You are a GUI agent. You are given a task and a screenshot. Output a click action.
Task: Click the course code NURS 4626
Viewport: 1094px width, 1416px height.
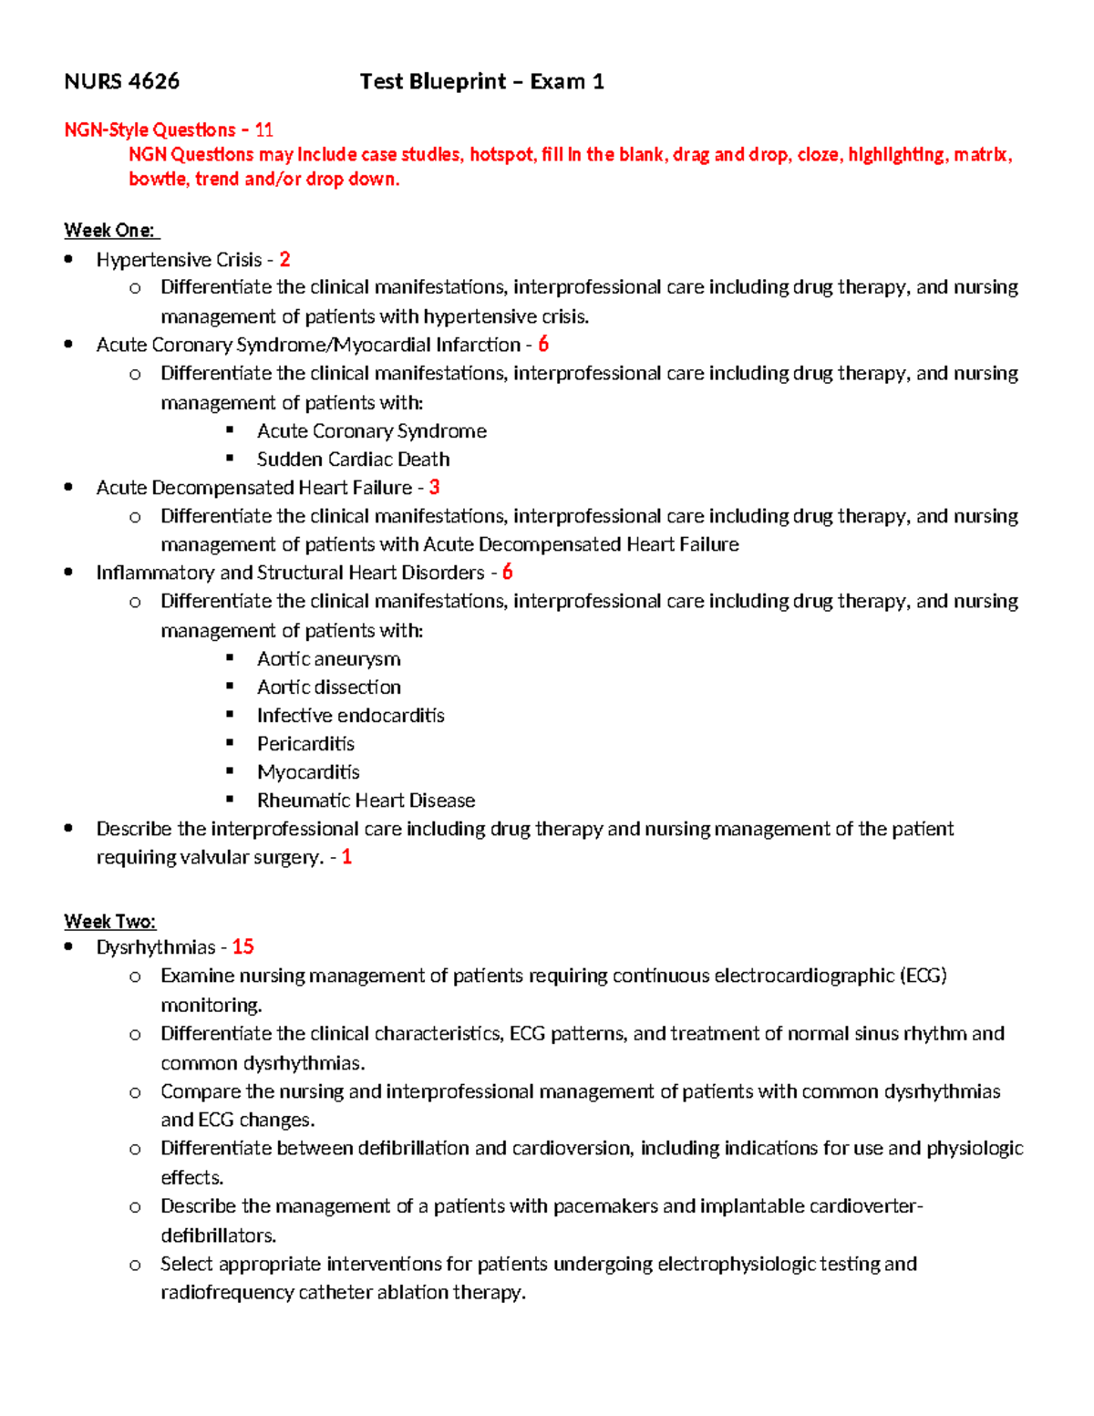(121, 81)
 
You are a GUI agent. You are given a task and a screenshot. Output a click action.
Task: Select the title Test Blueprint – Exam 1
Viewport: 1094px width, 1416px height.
(481, 81)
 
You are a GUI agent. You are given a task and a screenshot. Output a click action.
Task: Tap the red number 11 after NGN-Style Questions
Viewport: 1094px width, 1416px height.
(263, 129)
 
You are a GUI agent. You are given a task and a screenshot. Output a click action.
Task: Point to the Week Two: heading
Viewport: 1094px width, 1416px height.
(109, 921)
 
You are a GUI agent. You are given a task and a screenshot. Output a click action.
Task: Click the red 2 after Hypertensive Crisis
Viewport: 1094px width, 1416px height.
(285, 259)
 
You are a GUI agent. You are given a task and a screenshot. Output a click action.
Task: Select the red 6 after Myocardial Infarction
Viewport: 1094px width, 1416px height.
(543, 344)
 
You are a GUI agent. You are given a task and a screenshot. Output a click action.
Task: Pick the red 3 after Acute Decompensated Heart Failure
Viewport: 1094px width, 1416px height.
(435, 487)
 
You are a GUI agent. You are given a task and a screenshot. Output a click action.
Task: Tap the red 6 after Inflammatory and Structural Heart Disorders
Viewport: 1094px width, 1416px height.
(508, 572)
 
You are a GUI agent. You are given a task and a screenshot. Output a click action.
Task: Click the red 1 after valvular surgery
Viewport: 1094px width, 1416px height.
(346, 856)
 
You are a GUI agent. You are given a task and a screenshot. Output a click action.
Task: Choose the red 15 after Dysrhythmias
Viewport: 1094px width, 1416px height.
(243, 946)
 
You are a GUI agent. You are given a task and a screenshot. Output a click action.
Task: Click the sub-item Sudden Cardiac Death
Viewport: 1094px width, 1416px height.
(353, 459)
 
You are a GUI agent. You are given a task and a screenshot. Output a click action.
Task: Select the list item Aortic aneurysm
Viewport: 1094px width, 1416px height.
(328, 658)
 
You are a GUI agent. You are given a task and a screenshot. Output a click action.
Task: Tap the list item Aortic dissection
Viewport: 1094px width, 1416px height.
(328, 687)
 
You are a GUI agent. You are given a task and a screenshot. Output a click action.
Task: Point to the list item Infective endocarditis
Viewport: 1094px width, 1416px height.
(350, 715)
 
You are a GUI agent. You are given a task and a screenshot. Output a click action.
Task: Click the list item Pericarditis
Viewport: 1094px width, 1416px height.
(305, 743)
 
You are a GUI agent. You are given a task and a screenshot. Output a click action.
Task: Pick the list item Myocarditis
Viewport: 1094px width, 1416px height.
(308, 771)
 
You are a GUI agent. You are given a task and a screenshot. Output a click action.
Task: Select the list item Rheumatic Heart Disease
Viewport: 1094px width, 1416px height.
(366, 800)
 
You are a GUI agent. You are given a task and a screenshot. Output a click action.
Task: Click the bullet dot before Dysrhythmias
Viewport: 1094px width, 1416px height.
(69, 947)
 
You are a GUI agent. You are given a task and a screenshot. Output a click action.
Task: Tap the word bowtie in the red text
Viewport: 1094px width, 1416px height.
(158, 179)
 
